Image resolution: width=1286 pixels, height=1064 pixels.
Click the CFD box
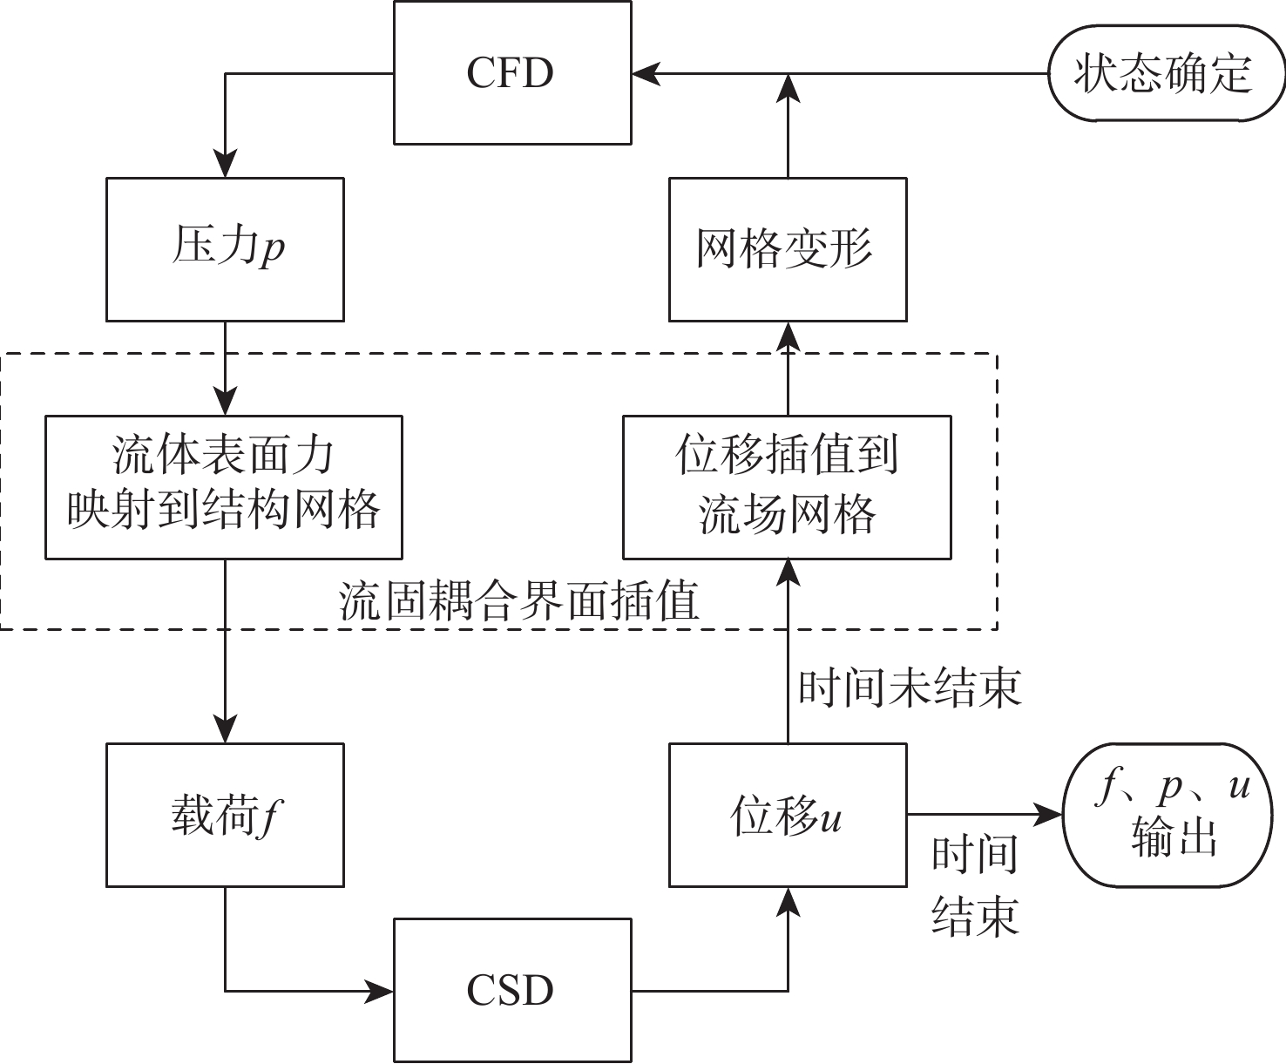click(x=512, y=72)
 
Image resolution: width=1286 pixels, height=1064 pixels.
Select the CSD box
click(x=512, y=990)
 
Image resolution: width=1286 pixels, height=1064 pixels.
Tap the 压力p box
click(x=225, y=249)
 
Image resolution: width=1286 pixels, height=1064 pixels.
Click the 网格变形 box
click(x=788, y=249)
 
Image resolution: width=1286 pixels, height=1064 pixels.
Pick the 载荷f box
click(x=225, y=815)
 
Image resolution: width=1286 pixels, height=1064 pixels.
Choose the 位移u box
click(x=788, y=815)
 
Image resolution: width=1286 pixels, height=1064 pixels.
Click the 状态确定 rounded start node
click(x=1164, y=73)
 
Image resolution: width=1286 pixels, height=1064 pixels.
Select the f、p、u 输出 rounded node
click(x=1173, y=815)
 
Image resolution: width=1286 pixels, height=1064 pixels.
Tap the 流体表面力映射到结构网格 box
click(x=223, y=486)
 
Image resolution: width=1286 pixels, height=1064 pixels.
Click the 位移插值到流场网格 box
click(x=787, y=486)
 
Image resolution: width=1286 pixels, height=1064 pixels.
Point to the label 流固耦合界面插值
click(x=519, y=601)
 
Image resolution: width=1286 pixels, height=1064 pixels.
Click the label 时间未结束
click(x=910, y=688)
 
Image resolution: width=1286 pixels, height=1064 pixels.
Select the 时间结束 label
click(x=975, y=884)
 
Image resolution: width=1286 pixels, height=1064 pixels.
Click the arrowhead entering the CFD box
click(x=646, y=73)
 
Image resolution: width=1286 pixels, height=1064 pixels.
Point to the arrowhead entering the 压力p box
click(x=226, y=166)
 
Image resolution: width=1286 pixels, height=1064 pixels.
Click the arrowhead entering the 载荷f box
click(x=226, y=730)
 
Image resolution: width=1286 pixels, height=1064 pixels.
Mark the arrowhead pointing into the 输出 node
click(x=1049, y=815)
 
